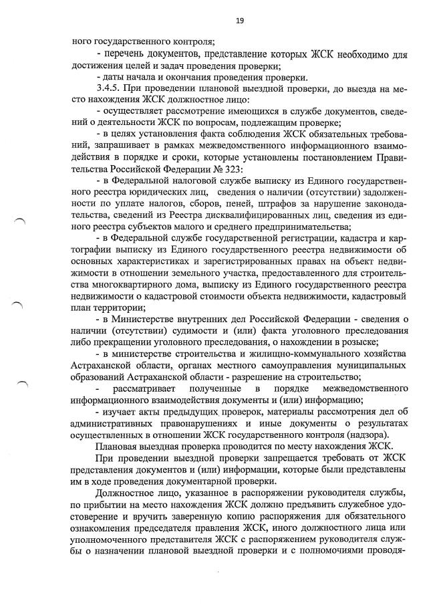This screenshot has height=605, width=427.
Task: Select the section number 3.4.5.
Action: pos(109,88)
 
